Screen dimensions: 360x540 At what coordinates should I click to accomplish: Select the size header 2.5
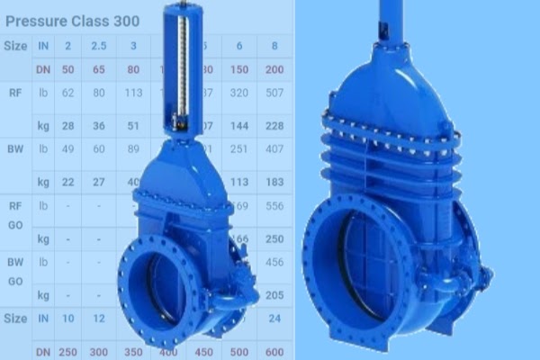[99, 45]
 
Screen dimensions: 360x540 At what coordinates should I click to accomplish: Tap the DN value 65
[99, 68]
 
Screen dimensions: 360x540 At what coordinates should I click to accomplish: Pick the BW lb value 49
[68, 148]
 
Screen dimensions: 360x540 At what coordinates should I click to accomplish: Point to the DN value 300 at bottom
[99, 352]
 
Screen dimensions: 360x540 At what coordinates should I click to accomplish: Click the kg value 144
[238, 125]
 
